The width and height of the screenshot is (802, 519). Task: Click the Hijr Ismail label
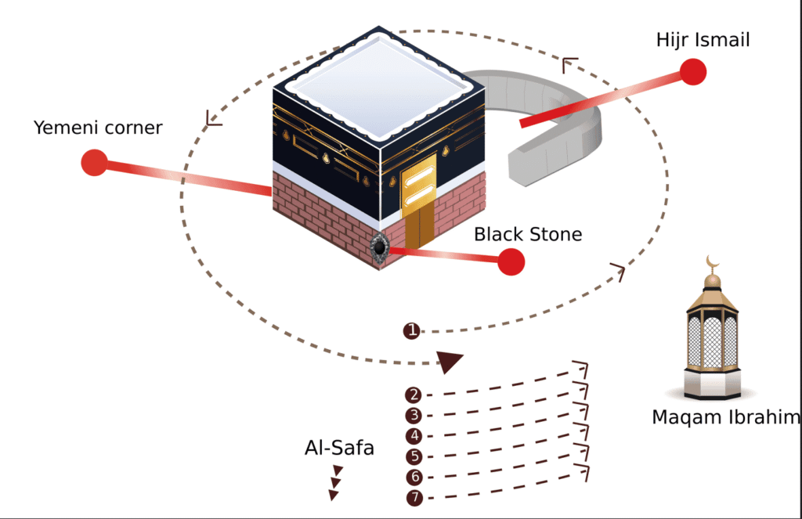pos(703,39)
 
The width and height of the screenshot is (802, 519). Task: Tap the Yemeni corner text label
pos(98,128)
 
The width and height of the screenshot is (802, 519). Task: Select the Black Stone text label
pos(528,234)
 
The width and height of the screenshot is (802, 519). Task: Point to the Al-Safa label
pos(339,449)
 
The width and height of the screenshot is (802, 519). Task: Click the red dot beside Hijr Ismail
pos(693,71)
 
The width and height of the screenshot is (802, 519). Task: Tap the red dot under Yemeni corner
pos(94,163)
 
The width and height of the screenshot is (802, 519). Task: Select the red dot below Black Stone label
pos(511,261)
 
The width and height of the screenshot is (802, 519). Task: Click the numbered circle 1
pos(412,331)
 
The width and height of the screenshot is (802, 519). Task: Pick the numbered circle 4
pos(414,436)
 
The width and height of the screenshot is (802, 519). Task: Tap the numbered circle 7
pos(414,498)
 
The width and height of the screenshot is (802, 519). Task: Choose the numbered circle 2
pos(414,395)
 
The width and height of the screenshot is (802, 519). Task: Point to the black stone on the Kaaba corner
pos(379,247)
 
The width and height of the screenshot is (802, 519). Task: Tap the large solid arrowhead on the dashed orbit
pos(450,362)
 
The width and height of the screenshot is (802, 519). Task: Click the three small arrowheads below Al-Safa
pos(336,482)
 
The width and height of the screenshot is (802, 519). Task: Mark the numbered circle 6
pos(414,477)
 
